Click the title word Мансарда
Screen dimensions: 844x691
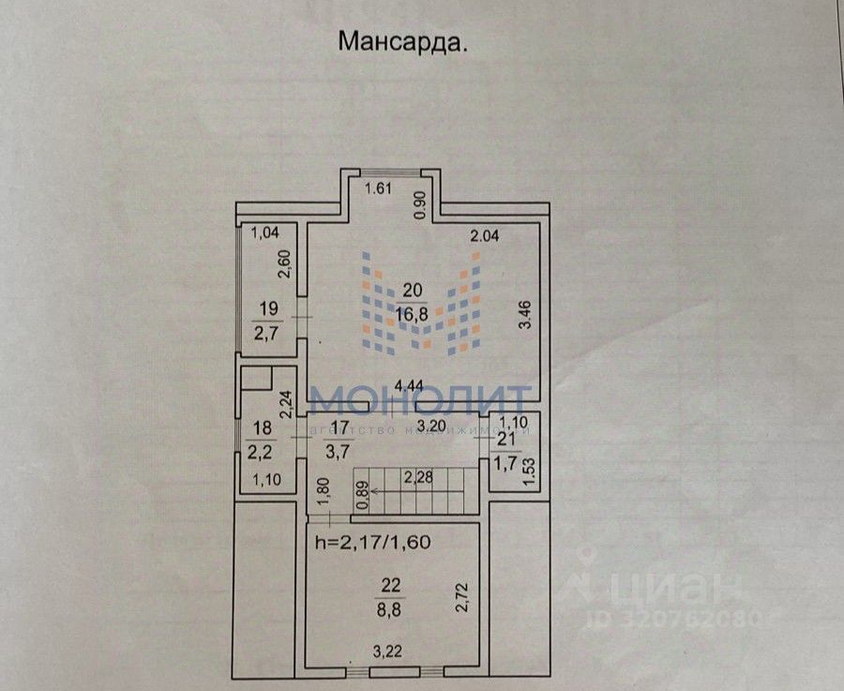coord(402,42)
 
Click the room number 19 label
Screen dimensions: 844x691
coord(268,307)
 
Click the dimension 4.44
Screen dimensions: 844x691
coord(409,384)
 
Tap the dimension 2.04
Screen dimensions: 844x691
coord(484,236)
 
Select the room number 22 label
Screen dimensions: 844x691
coord(391,586)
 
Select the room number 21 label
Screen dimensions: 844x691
coord(506,440)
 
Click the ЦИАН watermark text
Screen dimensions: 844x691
coord(670,588)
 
